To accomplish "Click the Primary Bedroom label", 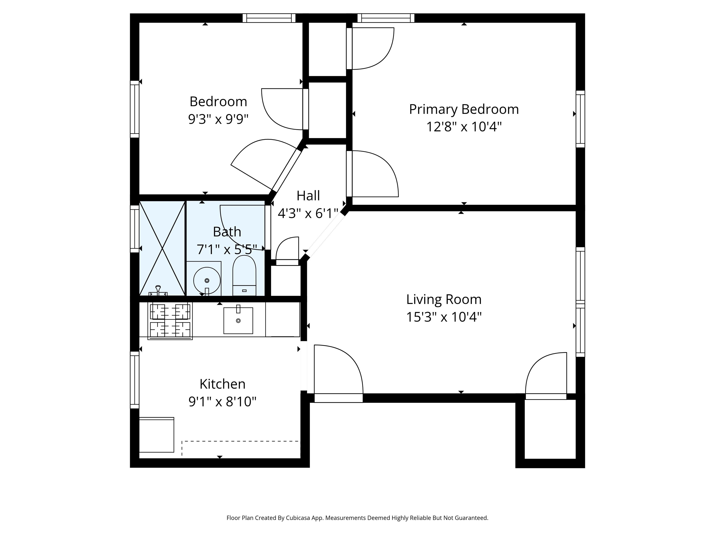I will coord(464,110).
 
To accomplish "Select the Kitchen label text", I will coord(222,384).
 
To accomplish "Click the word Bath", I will coord(227,232).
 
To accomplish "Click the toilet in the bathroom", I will coord(244,275).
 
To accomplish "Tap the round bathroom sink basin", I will coord(207,280).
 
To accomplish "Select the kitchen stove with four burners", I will coord(170,321).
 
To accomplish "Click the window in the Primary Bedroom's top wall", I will coord(386,18).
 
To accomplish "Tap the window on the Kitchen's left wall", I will coord(135,380).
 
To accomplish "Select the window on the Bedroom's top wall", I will coord(269,18).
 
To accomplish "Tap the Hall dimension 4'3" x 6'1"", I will coord(308,214).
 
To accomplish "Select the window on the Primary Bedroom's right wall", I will coord(580,119).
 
